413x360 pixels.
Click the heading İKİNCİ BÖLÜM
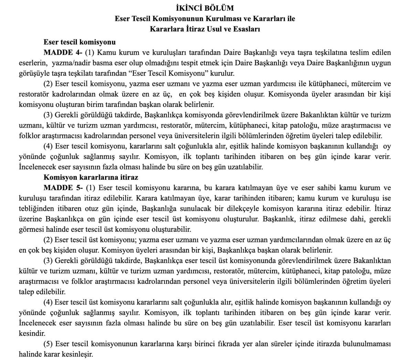click(204, 8)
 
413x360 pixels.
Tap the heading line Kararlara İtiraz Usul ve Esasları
click(205, 29)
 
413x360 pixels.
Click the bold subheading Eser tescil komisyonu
click(80, 42)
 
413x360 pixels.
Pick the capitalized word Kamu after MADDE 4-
click(106, 53)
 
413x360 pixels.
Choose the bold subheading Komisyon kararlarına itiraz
click(91, 177)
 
